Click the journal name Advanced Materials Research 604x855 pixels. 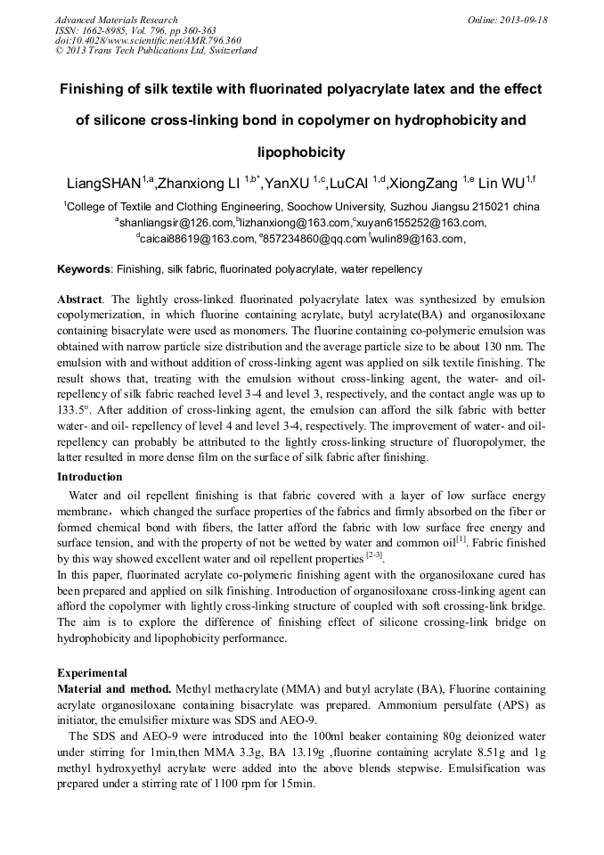pos(116,20)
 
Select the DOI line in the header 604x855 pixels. pos(148,40)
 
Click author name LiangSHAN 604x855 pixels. pos(104,185)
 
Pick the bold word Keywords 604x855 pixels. pos(84,268)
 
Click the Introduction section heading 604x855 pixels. pos(89,477)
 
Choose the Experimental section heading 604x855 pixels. pos(92,673)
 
